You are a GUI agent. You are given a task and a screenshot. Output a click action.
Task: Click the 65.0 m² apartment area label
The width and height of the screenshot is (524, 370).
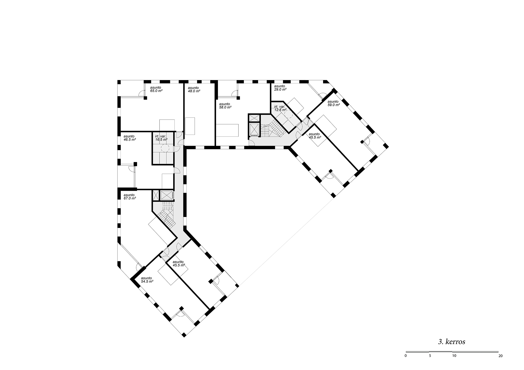(x=156, y=89)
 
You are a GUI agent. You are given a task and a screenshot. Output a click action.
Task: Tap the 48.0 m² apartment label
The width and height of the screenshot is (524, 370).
(x=194, y=89)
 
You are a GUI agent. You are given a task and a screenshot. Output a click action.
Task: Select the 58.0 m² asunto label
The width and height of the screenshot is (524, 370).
(x=225, y=106)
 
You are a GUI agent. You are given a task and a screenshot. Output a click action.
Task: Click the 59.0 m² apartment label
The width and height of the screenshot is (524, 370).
(x=334, y=103)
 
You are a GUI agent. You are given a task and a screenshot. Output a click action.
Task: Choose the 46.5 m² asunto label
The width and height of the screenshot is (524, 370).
(x=130, y=138)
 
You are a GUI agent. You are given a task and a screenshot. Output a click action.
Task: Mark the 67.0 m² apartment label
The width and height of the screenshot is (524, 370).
(x=130, y=197)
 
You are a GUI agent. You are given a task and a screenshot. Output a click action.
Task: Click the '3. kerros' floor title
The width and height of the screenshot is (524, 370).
(x=452, y=342)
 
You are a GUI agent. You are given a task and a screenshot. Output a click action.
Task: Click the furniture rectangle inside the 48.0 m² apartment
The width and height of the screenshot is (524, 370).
(x=190, y=126)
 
